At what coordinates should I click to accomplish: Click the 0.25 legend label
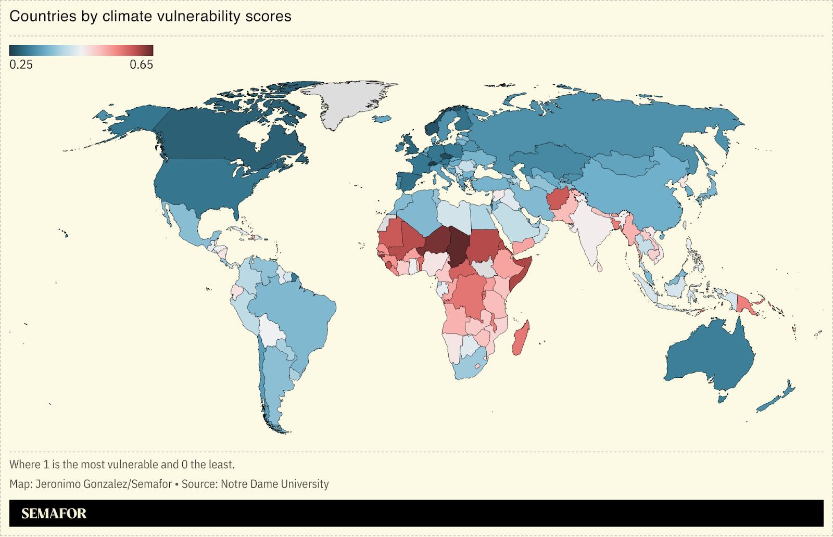tap(21, 65)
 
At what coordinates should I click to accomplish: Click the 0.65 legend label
tap(141, 65)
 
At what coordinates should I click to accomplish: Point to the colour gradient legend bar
tap(81, 50)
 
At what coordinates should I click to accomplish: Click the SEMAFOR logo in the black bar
tap(54, 514)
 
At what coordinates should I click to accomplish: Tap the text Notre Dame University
tap(274, 484)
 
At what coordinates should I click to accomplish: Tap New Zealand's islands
tap(776, 398)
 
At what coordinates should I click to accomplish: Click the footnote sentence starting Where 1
tap(122, 464)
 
